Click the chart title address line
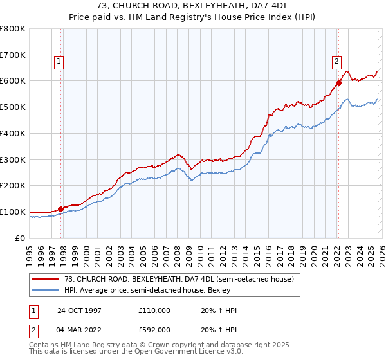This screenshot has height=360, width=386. click(x=192, y=6)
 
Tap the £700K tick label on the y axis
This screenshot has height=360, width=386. click(x=13, y=55)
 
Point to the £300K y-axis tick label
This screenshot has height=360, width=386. click(x=13, y=159)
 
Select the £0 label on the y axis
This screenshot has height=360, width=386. click(x=21, y=238)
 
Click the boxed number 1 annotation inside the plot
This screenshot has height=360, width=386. click(x=59, y=62)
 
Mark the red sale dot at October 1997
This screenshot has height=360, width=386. click(x=61, y=209)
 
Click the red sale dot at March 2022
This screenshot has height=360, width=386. click(x=338, y=83)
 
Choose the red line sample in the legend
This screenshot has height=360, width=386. click(x=45, y=279)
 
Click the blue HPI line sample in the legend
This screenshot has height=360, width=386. click(x=45, y=290)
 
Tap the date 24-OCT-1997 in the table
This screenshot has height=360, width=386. click(x=79, y=310)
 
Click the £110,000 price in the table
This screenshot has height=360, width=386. click(x=155, y=310)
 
